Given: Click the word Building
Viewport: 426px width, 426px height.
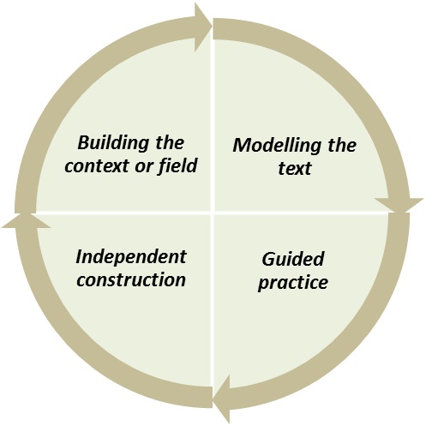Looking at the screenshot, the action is click(113, 144).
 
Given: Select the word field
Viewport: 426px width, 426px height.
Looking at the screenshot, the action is click(177, 165).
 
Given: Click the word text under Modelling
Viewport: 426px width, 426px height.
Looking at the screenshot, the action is click(295, 168).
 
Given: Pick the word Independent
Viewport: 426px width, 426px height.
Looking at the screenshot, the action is click(131, 256).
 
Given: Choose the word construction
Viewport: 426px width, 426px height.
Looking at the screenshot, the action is click(131, 279).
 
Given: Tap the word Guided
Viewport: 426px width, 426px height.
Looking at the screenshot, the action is click(293, 259).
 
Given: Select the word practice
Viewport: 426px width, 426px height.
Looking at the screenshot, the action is click(293, 283).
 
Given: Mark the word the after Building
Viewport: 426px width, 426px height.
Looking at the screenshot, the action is click(170, 143).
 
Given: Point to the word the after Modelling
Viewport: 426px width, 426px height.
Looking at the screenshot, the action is click(342, 145).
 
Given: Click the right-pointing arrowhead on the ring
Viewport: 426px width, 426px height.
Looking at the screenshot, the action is click(203, 27).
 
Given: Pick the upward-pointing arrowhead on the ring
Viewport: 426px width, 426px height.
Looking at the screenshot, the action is click(27, 221).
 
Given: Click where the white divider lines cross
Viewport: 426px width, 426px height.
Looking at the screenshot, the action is click(213, 213).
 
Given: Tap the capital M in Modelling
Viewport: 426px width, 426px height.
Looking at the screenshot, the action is click(243, 145).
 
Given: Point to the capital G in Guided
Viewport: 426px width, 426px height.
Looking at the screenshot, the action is click(268, 259).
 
